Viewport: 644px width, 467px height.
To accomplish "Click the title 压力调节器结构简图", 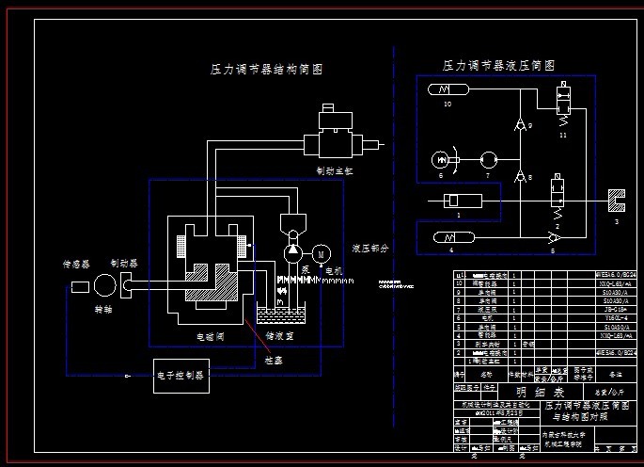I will [x=266, y=70].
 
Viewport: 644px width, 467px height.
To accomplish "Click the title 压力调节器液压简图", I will [x=498, y=66].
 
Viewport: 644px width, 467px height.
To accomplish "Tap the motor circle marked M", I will [x=321, y=253].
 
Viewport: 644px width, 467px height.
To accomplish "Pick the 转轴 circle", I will [x=105, y=285].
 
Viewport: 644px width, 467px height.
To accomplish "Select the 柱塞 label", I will [x=274, y=359].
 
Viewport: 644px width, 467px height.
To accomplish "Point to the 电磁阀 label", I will [x=210, y=335].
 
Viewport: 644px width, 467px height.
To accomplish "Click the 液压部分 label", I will [x=369, y=249].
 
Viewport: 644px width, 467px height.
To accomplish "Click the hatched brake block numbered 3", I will [x=616, y=201].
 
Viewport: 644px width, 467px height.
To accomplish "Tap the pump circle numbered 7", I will [x=487, y=161].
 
